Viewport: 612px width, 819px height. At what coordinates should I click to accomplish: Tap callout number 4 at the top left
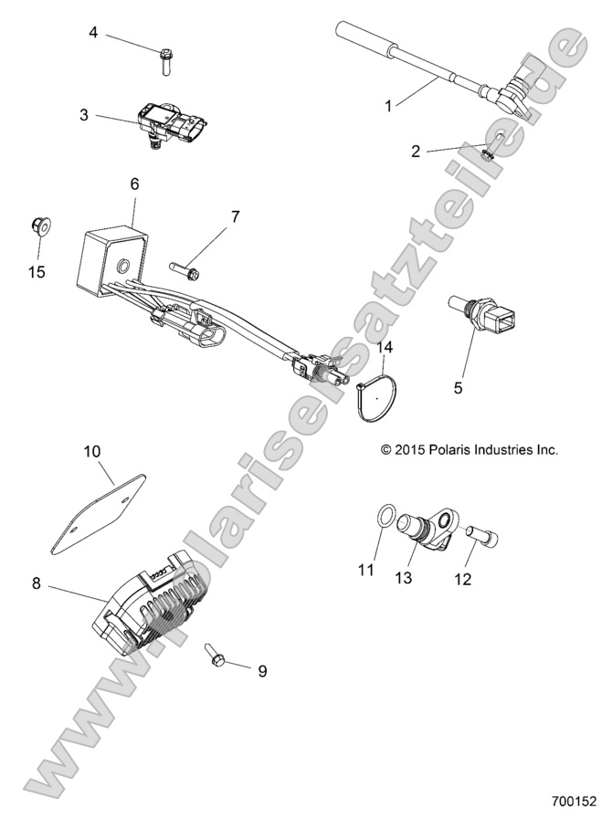tap(93, 33)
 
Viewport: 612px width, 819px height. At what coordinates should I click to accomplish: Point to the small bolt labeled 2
tap(491, 146)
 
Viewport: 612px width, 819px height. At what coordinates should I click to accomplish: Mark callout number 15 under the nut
tap(37, 271)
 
